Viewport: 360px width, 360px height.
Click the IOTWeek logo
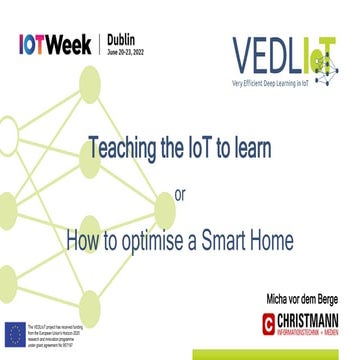[x=55, y=45]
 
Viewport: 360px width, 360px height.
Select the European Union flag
[x=15, y=331]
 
